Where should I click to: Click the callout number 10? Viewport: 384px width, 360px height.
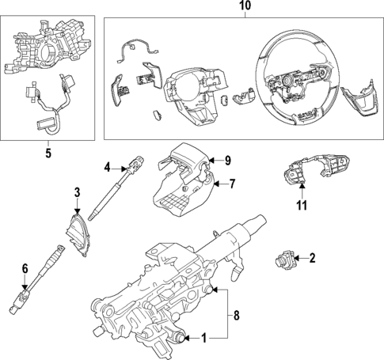(x=245, y=7)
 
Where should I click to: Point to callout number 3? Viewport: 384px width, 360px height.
(x=78, y=192)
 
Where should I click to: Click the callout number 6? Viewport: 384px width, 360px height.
(x=25, y=268)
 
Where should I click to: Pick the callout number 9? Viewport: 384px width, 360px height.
(x=226, y=161)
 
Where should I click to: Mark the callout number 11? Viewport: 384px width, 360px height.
(x=302, y=208)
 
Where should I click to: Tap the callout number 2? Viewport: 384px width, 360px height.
(x=311, y=257)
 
